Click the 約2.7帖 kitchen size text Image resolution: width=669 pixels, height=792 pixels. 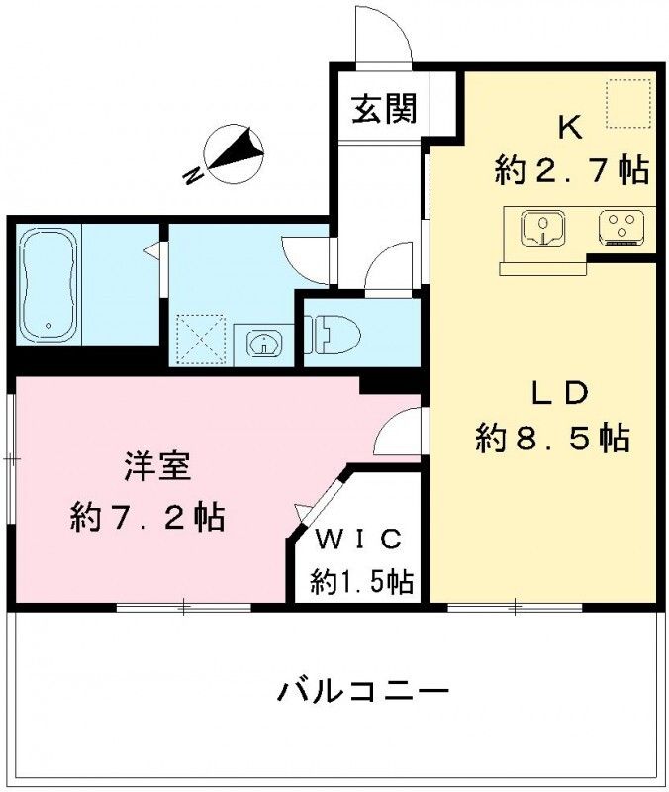coord(572,170)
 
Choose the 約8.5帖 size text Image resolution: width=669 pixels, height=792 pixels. coord(552,437)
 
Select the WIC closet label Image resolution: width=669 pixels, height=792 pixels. coord(357,540)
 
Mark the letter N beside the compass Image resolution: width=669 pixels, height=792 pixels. coord(194,175)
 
